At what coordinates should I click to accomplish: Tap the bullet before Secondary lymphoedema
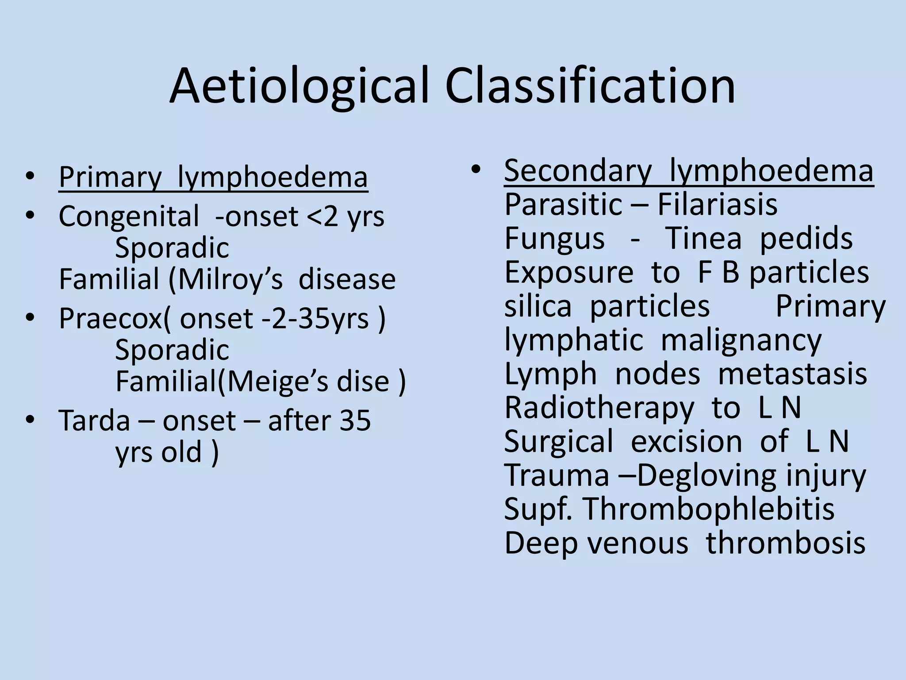(476, 169)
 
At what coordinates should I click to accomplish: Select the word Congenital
(129, 217)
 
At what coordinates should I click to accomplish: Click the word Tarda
(94, 421)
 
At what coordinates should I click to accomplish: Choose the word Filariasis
(717, 205)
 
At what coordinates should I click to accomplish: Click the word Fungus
(554, 239)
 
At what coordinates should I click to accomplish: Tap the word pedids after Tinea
(806, 239)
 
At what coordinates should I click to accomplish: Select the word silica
(538, 307)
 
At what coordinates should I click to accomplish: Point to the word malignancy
(741, 341)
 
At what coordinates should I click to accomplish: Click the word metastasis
(792, 375)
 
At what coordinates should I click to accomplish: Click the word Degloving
(706, 476)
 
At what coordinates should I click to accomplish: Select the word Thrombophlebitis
(709, 510)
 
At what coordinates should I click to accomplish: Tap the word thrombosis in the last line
(786, 544)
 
